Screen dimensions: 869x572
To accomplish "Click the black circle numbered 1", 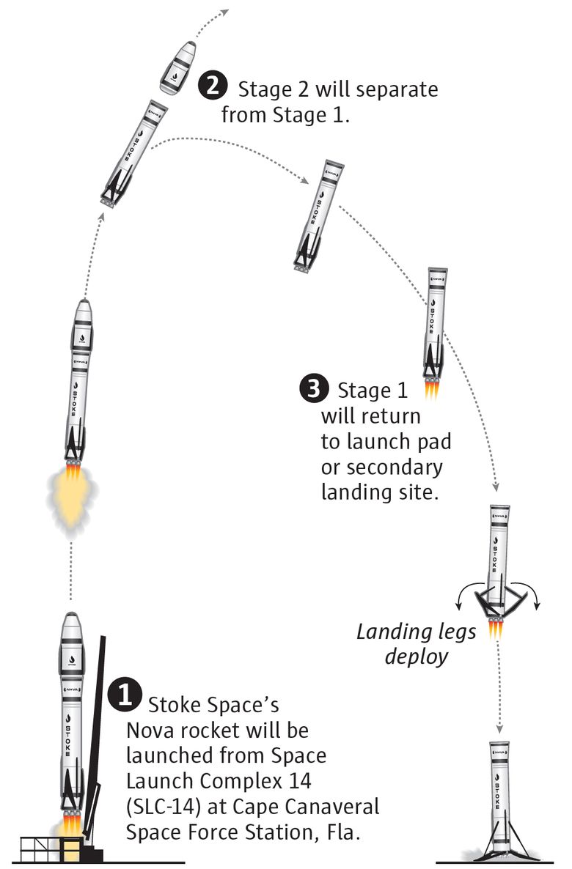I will (125, 695).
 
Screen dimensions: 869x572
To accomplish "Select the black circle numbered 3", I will (314, 389).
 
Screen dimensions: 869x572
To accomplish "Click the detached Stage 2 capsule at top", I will (178, 67).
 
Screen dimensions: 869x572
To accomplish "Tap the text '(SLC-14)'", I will (164, 807).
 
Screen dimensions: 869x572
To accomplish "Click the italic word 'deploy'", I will (417, 657).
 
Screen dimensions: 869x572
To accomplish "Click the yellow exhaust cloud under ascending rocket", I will (71, 493).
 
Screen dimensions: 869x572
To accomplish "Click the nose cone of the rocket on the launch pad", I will (71, 628).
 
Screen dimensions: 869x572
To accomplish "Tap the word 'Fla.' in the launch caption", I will (343, 832).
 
